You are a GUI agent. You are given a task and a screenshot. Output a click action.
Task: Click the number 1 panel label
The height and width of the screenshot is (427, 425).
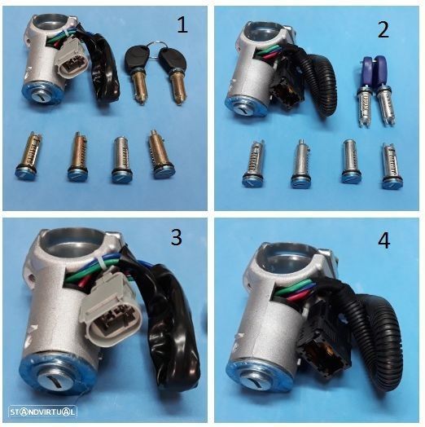182,24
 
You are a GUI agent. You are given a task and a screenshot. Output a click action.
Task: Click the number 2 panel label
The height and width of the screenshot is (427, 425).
383,29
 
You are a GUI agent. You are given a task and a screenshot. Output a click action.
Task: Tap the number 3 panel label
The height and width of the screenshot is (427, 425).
176,237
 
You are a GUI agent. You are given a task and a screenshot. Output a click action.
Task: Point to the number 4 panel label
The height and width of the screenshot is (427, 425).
384,240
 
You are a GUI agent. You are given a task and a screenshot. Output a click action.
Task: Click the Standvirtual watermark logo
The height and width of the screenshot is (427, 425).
42,412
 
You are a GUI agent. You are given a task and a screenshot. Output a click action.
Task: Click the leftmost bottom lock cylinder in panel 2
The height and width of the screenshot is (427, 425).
253,164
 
